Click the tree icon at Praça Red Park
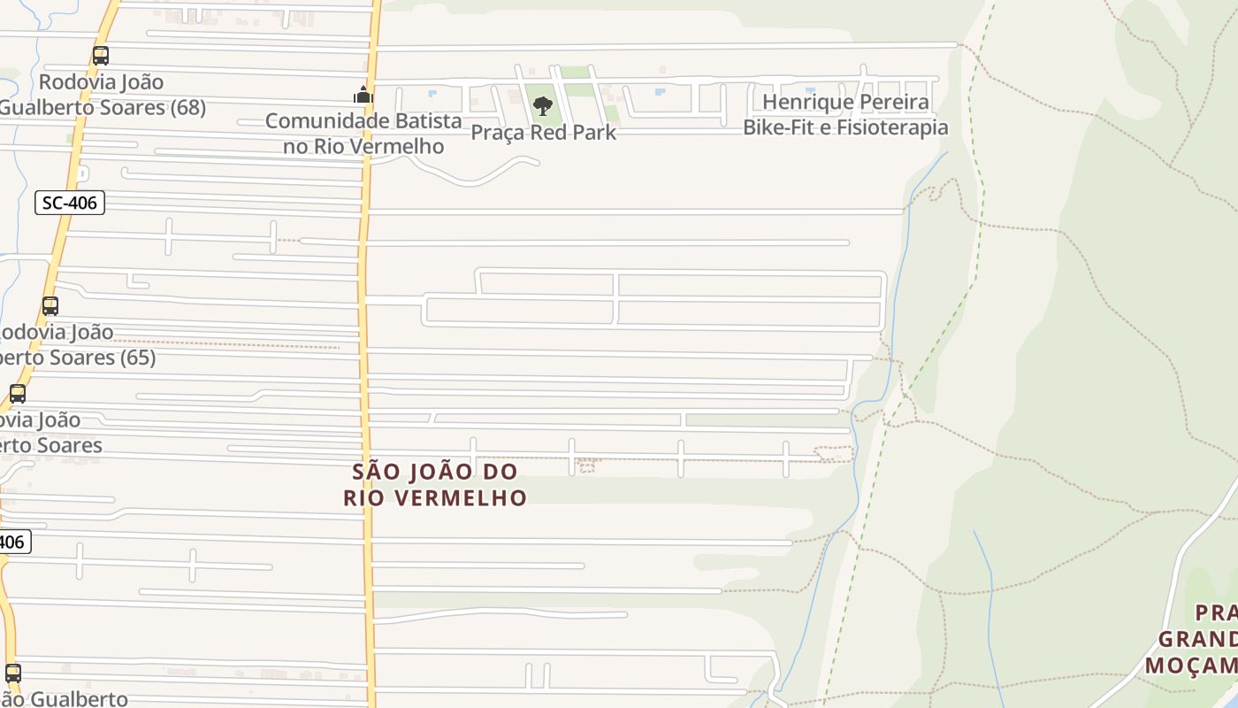pyautogui.click(x=543, y=107)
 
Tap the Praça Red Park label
pyautogui.click(x=543, y=133)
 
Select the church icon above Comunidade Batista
pyautogui.click(x=363, y=95)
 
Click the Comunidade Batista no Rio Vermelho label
pyautogui.click(x=363, y=133)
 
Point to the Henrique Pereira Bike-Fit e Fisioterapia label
pyautogui.click(x=845, y=114)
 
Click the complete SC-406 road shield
pyautogui.click(x=70, y=203)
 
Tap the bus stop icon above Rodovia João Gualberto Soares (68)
pyautogui.click(x=101, y=56)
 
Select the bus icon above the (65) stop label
pyautogui.click(x=50, y=306)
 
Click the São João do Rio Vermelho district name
pyautogui.click(x=435, y=484)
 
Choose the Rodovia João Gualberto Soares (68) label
pyautogui.click(x=103, y=95)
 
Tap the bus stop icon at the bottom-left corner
pyautogui.click(x=12, y=673)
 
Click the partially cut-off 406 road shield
pyautogui.click(x=13, y=541)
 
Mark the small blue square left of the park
pyautogui.click(x=432, y=92)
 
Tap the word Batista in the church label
pyautogui.click(x=427, y=120)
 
